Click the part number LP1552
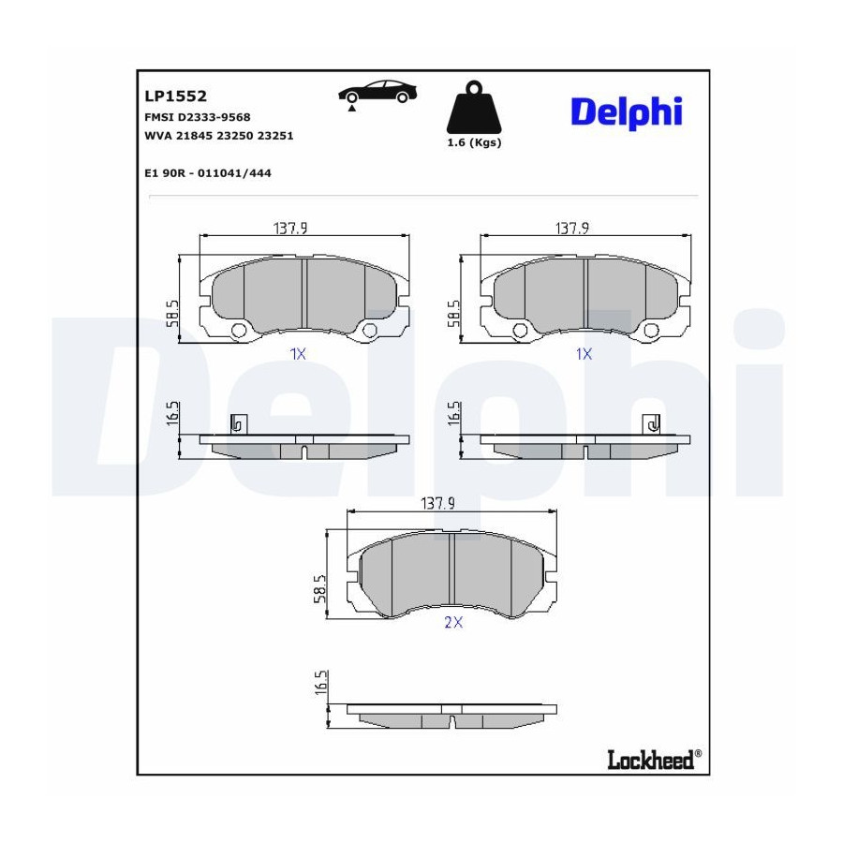[x=175, y=96]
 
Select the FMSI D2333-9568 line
[x=198, y=117]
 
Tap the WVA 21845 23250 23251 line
[x=219, y=136]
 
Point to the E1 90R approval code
[x=208, y=173]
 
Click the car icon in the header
[x=377, y=93]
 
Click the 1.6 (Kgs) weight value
[x=474, y=142]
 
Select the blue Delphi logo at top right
[x=627, y=112]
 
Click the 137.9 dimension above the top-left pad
[x=290, y=229]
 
